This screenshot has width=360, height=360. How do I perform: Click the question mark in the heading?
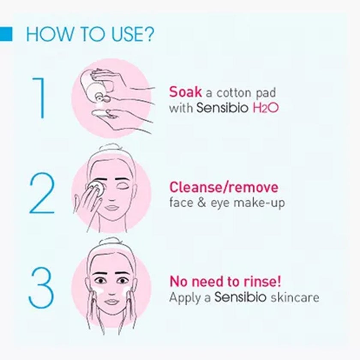[x=148, y=35]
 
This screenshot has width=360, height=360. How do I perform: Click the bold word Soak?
[x=185, y=92]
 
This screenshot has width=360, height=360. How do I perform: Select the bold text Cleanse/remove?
[x=224, y=187]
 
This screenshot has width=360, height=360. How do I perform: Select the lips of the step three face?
[x=112, y=301]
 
